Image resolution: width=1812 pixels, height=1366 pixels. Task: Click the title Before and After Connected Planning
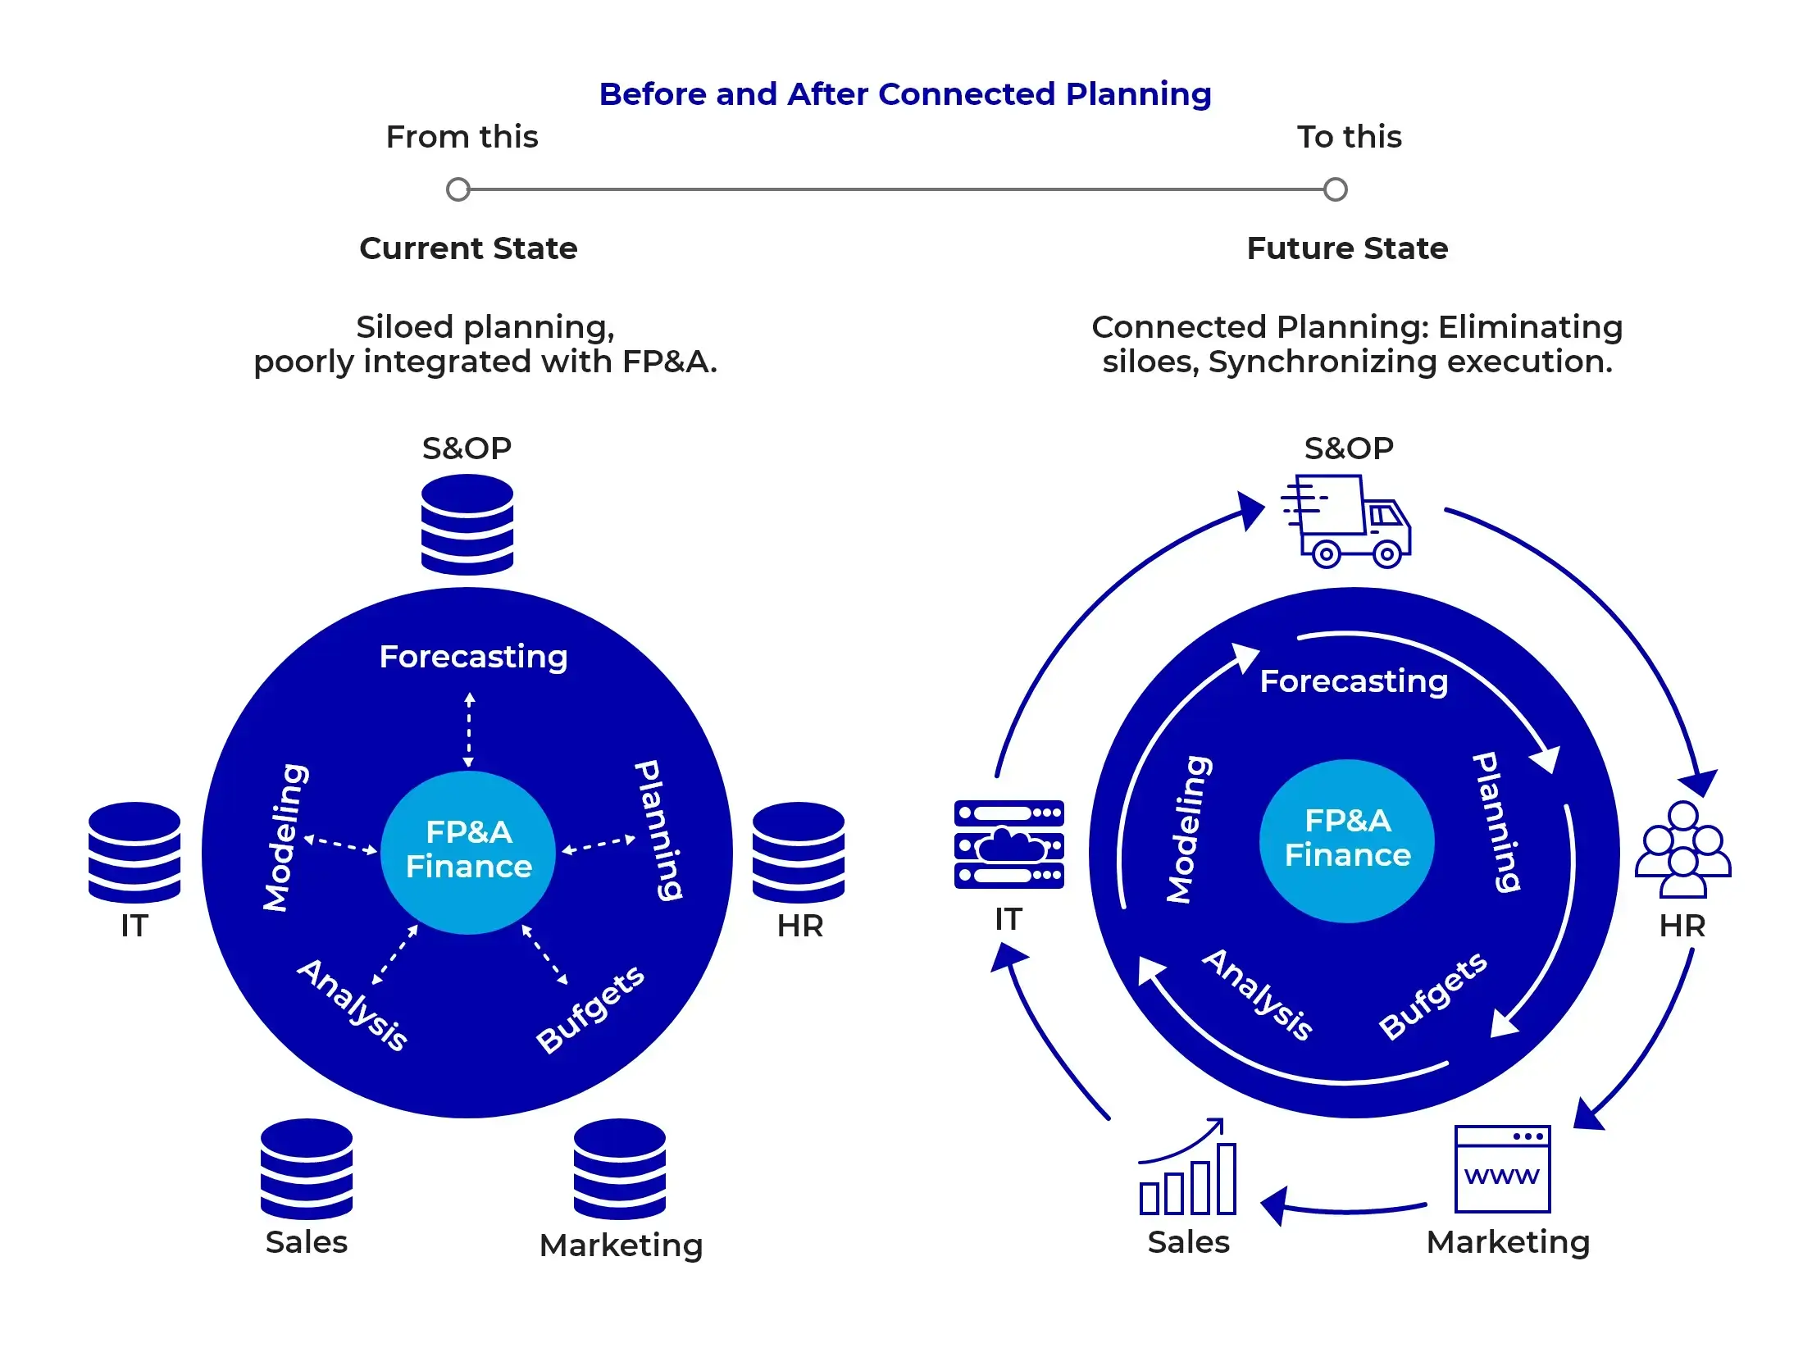[905, 94]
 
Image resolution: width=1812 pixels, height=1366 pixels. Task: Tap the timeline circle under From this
[458, 189]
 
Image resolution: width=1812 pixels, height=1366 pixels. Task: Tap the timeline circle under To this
[1336, 189]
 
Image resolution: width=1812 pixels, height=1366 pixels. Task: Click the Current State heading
[468, 248]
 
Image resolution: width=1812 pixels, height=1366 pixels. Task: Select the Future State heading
[1347, 248]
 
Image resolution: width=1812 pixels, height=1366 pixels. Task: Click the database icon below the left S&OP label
[467, 525]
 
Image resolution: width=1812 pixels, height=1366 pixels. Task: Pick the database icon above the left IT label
[134, 853]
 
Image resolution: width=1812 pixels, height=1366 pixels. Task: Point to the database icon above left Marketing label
[620, 1168]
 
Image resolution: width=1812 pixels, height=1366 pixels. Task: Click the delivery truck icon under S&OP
[1347, 522]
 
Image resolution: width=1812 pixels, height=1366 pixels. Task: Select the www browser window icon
[1502, 1169]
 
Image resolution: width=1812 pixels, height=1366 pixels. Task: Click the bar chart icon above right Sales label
[1188, 1169]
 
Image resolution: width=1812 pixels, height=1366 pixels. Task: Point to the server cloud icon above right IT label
[1008, 845]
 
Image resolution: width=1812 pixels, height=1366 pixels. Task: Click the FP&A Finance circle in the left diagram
[468, 851]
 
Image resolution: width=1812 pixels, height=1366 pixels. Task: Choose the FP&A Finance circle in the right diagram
[1347, 840]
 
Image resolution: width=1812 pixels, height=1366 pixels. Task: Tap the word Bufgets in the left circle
[590, 1009]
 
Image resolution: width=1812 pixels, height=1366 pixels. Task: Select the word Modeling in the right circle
[1189, 829]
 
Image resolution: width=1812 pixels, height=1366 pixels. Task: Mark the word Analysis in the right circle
[1258, 995]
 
